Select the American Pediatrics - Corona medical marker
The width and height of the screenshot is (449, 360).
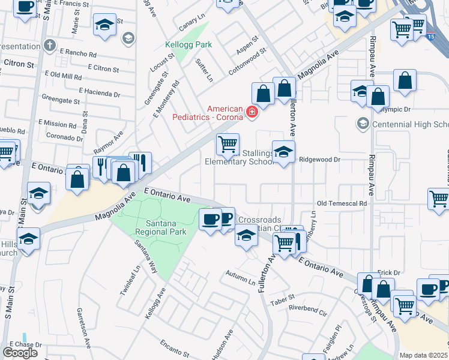pyautogui.click(x=252, y=111)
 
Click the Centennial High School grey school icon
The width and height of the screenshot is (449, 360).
pyautogui.click(x=362, y=124)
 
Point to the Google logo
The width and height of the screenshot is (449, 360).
pyautogui.click(x=20, y=352)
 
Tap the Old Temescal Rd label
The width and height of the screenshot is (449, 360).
pyautogui.click(x=342, y=204)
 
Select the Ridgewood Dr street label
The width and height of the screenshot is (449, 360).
pyautogui.click(x=320, y=160)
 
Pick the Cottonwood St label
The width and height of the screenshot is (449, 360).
pyautogui.click(x=247, y=65)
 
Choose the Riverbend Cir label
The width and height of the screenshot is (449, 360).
pyautogui.click(x=307, y=313)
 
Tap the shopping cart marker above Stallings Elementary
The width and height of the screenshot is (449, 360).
pyautogui.click(x=228, y=144)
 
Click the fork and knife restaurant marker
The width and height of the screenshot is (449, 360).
pyautogui.click(x=140, y=163)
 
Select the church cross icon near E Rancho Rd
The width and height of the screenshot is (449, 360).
pyautogui.click(x=50, y=45)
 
